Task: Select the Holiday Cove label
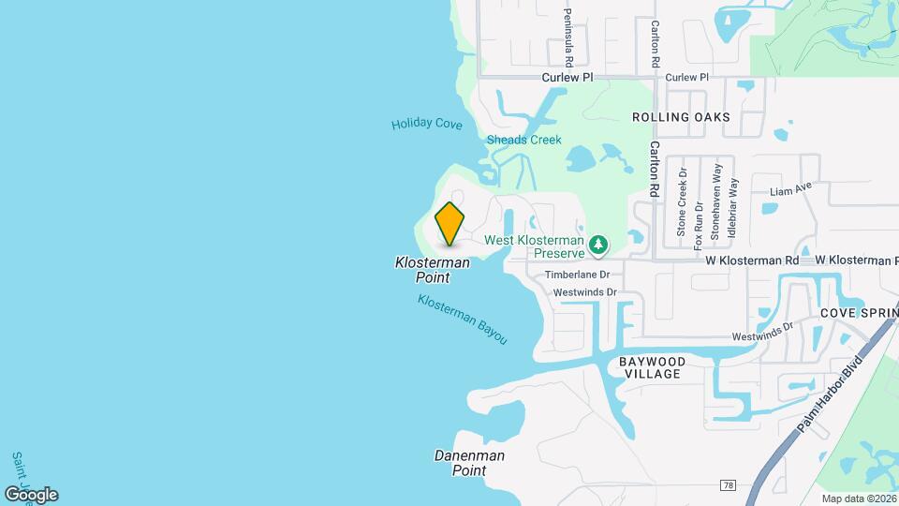coord(427,124)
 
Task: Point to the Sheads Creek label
coord(524,141)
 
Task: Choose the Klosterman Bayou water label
coord(463,320)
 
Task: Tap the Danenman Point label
coord(469,463)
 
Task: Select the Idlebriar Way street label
coord(733,206)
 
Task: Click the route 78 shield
coord(728,484)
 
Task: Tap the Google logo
coord(32,494)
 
